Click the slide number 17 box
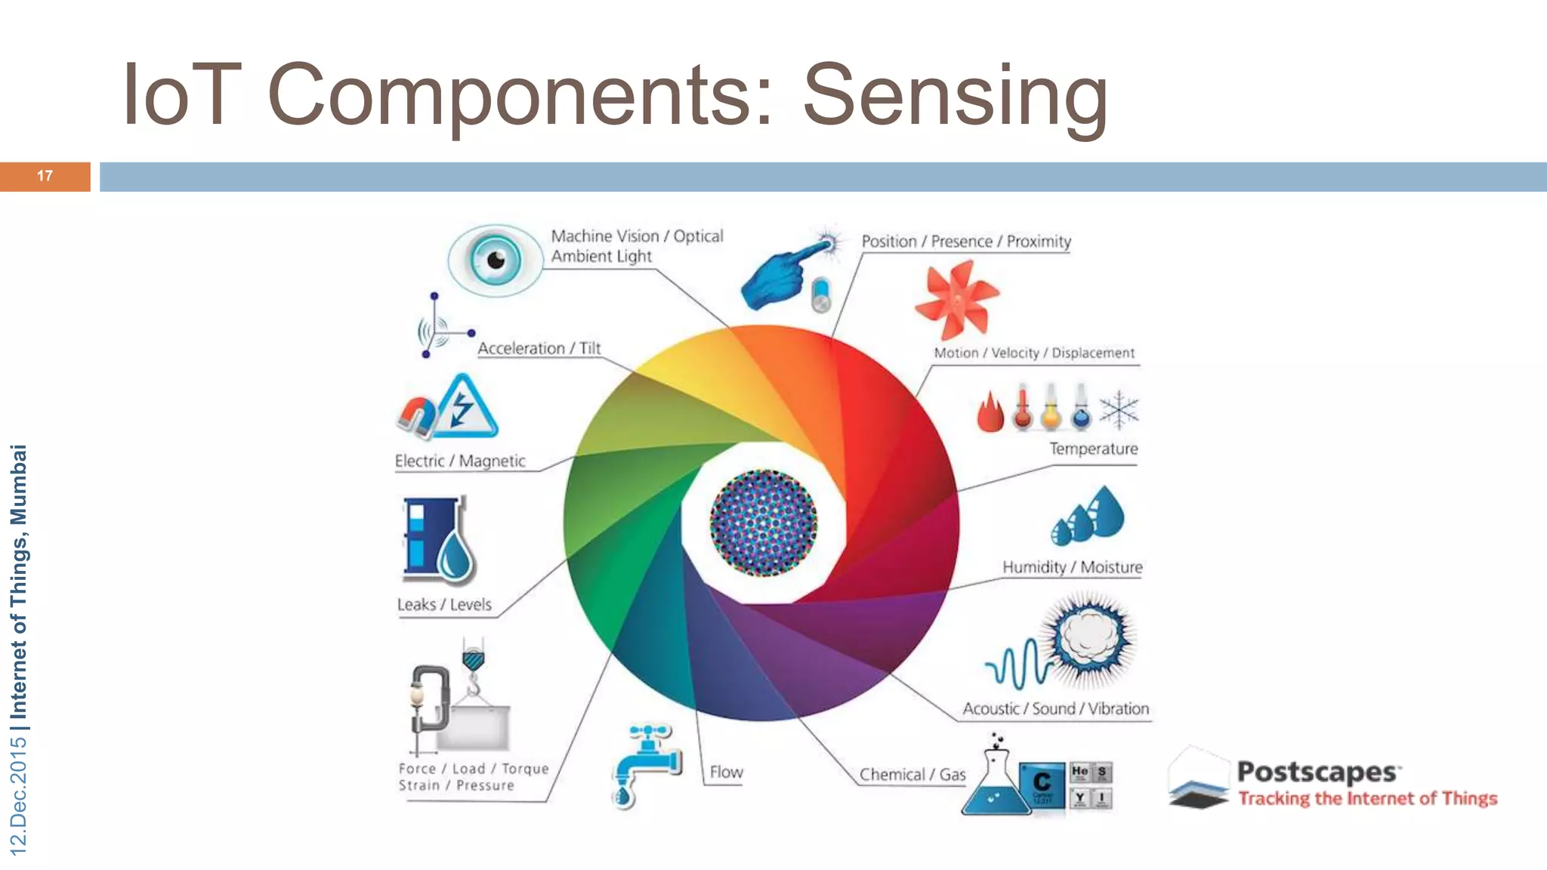(x=45, y=177)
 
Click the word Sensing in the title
(x=955, y=97)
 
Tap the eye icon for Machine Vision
(x=495, y=260)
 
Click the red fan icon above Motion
(x=956, y=299)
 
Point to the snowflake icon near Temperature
(x=1119, y=410)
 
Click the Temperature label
(x=1093, y=449)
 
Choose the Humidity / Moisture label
(x=1072, y=567)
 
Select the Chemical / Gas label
(x=912, y=775)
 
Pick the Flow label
(x=726, y=773)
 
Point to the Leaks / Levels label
(x=444, y=605)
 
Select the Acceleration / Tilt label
(x=539, y=349)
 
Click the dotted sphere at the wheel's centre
(x=763, y=523)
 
